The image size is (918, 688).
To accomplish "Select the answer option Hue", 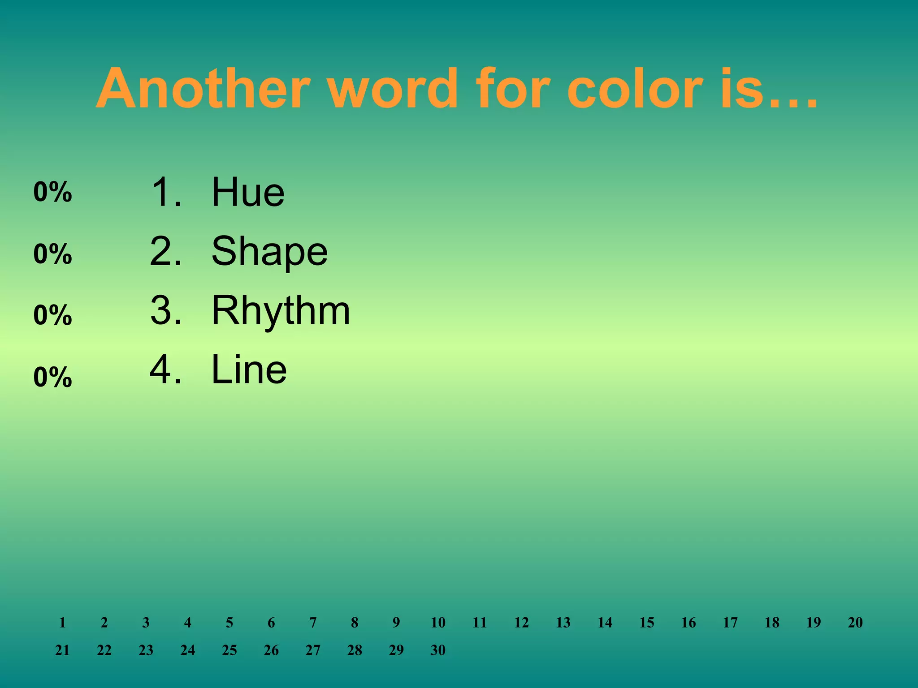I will pos(248,192).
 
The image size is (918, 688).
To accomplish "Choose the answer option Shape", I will pos(269,252).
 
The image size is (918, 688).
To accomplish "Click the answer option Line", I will pos(249,370).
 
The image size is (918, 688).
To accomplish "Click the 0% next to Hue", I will pos(52,192).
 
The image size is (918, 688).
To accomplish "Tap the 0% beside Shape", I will pos(52,254).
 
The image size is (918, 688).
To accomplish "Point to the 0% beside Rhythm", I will pos(52,315).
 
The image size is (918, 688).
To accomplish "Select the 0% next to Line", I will pos(52,377).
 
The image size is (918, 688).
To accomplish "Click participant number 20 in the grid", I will pos(855,622).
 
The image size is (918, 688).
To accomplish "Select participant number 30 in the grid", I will pos(438,650).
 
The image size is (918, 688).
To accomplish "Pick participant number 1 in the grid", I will pos(62,622).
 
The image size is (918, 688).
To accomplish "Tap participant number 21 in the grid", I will pos(62,650).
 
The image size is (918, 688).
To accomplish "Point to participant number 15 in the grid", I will pos(646,622).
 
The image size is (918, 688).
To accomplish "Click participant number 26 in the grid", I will pos(271,650).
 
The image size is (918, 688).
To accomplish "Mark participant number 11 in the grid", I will pos(480,622).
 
